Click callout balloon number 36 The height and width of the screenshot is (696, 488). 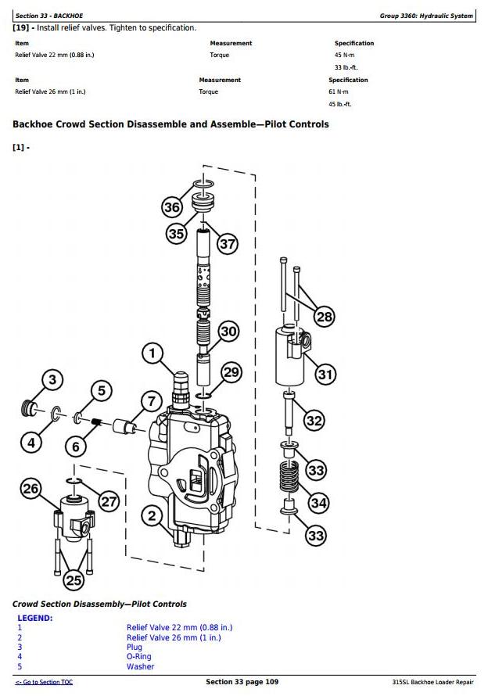click(172, 207)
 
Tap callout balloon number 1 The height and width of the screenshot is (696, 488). click(152, 353)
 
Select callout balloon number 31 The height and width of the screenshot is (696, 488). click(325, 374)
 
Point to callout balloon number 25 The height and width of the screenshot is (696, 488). click(74, 579)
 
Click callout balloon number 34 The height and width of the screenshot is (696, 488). click(318, 503)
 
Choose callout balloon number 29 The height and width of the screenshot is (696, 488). click(231, 372)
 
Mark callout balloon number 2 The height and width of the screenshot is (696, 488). click(152, 515)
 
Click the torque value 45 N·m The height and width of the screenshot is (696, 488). click(343, 56)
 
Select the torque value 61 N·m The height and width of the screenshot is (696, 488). click(337, 92)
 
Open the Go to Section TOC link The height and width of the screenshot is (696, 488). click(45, 683)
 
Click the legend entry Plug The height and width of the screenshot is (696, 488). click(135, 647)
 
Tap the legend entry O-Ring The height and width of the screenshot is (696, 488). click(139, 657)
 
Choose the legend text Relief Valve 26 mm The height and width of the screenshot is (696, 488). click(174, 637)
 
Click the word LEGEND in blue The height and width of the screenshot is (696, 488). click(35, 618)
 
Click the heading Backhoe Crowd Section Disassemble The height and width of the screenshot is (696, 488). click(170, 124)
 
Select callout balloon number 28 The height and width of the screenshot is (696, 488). click(325, 317)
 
